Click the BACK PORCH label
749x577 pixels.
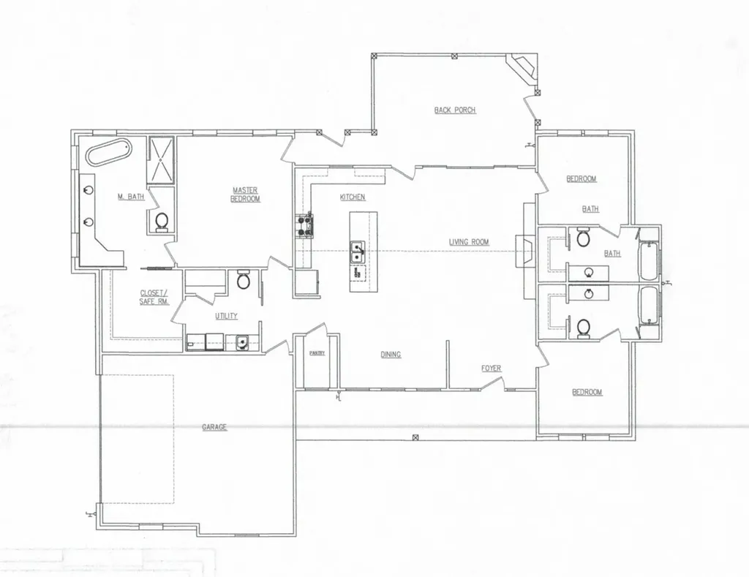pos(455,110)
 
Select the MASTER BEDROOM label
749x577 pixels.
pos(246,194)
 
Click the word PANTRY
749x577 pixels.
pos(317,353)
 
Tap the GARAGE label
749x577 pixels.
pos(214,427)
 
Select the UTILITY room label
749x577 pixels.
pos(226,316)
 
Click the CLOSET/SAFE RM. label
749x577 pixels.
pos(154,297)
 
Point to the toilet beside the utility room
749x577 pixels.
pos(244,280)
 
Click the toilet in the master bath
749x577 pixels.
pos(162,222)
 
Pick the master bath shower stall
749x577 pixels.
pos(162,160)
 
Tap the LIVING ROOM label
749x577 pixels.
pos(469,241)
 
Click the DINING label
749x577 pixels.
pos(391,355)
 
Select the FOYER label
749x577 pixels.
pos(491,369)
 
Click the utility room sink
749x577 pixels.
pos(242,342)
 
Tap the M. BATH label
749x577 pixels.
pos(131,196)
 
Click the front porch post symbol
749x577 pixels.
pos(415,437)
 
